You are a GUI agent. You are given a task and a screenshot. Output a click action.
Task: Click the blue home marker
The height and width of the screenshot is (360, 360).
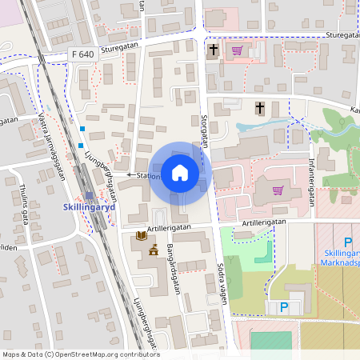coord(180,173)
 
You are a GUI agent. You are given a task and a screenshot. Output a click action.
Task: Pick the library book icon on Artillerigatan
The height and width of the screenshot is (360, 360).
coord(142,236)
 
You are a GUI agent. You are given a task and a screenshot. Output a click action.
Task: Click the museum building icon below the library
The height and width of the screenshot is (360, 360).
coord(153,250)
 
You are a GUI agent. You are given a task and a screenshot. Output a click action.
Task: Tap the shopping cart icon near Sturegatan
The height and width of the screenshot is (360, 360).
coord(236,50)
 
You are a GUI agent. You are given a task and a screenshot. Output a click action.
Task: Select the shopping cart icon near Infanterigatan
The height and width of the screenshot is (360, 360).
coord(278,190)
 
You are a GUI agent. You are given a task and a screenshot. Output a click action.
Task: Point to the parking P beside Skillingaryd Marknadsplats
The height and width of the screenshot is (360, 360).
coord(347,242)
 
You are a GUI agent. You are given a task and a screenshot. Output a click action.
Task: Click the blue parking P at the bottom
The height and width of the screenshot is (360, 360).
coord(283,306)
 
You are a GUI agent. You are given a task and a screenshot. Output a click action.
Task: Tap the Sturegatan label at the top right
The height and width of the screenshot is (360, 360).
coord(341,35)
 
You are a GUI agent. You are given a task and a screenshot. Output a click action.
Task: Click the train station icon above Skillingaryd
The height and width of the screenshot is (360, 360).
coord(89,194)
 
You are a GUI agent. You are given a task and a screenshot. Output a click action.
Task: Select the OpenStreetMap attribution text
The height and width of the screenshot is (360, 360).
coord(81,354)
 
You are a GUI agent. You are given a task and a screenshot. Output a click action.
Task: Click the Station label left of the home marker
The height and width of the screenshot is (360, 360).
coord(149,175)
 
